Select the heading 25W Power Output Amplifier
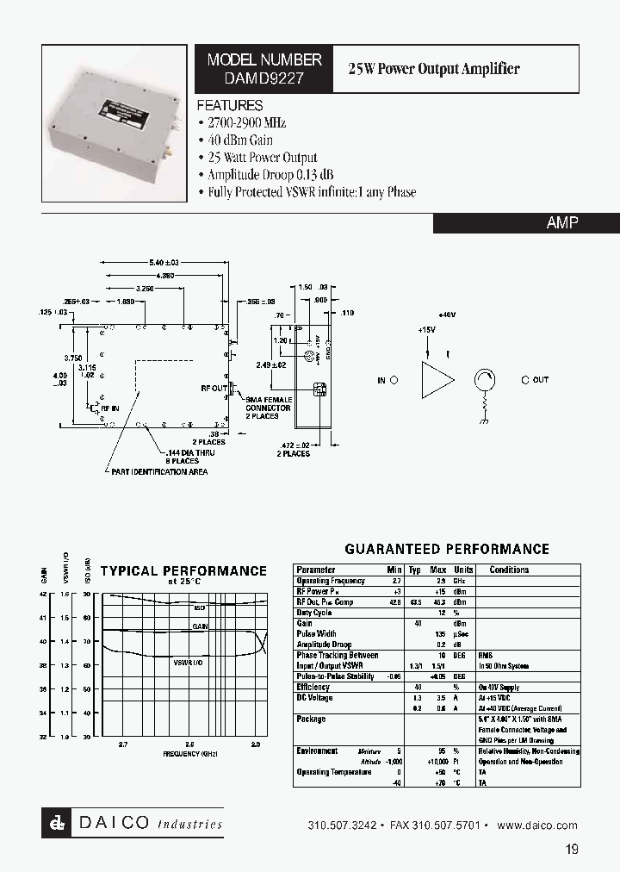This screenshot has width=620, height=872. click(433, 69)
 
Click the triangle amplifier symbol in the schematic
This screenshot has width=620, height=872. click(437, 380)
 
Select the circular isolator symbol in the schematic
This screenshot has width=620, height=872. click(485, 380)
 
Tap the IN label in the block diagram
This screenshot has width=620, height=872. click(381, 380)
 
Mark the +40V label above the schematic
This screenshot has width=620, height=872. click(447, 315)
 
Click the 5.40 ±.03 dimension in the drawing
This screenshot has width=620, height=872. click(164, 262)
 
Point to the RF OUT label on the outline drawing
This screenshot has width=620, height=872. click(213, 389)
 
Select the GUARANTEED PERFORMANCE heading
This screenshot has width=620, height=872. click(447, 549)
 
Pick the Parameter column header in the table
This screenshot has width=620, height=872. click(316, 570)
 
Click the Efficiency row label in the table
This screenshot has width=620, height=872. click(313, 687)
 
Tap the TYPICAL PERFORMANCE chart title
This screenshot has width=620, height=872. click(183, 570)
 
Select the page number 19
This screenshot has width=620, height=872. click(572, 850)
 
